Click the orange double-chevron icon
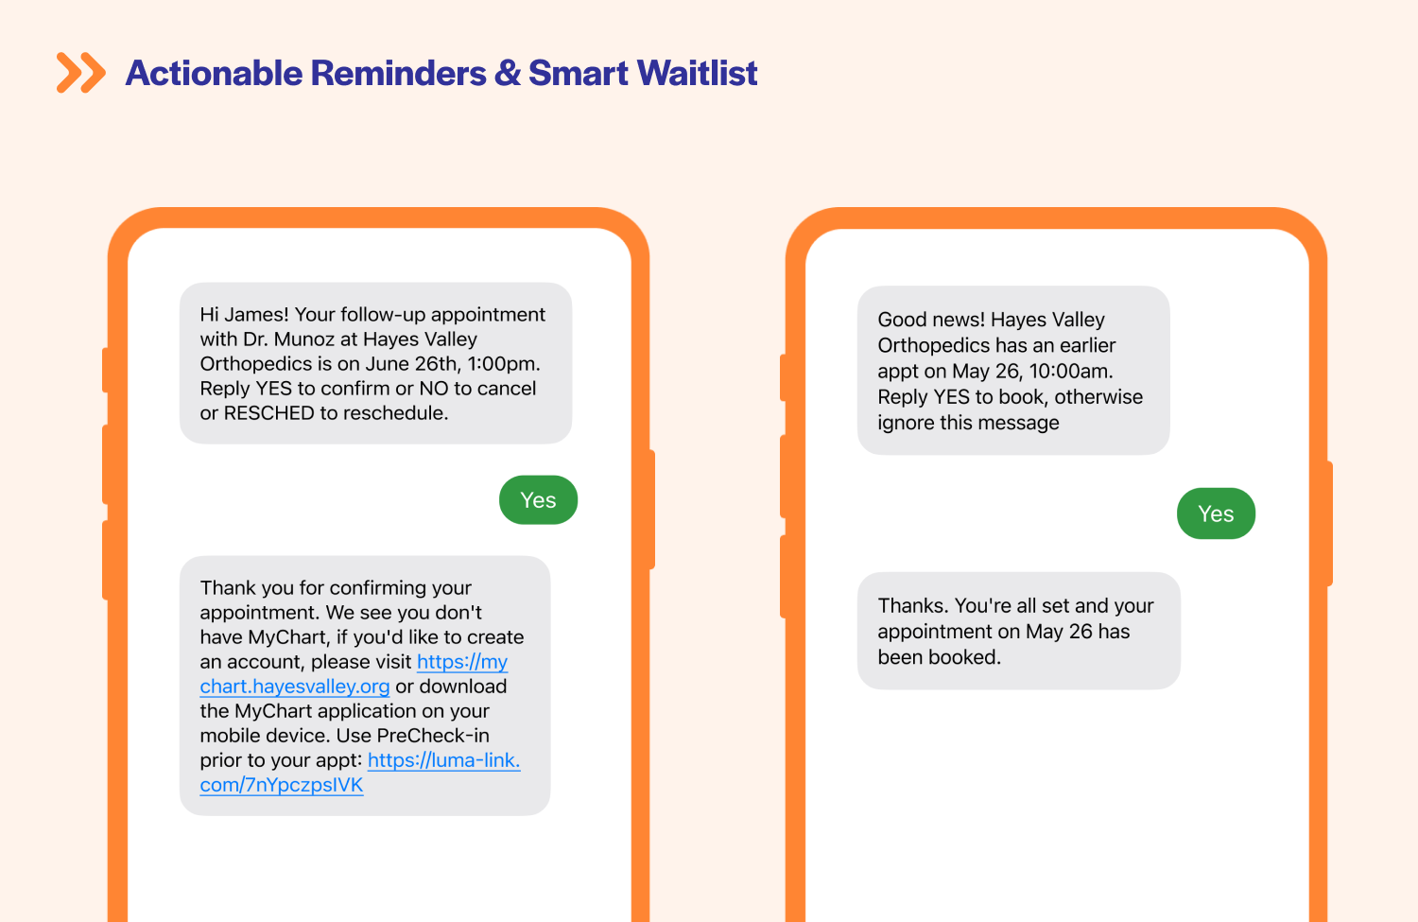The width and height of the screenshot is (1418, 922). click(x=81, y=73)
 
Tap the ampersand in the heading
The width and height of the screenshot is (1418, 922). click(x=507, y=73)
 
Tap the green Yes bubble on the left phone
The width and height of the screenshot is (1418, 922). click(x=538, y=499)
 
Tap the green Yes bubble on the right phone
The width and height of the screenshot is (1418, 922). click(x=1216, y=513)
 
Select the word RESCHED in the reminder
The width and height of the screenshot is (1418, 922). click(x=269, y=413)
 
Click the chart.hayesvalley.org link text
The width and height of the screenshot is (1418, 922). click(x=295, y=687)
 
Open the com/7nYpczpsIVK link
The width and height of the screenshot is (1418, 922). click(x=282, y=785)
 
